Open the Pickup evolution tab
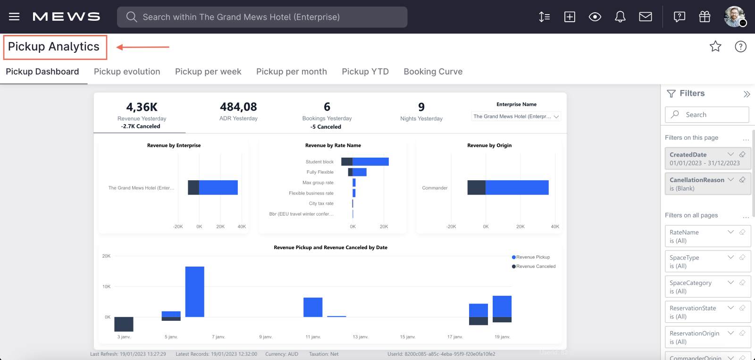(127, 72)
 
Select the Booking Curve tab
(433, 72)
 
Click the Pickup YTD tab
(365, 72)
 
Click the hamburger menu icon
(14, 17)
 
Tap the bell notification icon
(620, 17)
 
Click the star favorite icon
(715, 46)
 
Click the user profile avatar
(734, 17)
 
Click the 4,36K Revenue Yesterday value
(142, 107)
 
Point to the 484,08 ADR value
(238, 107)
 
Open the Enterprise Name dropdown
(516, 117)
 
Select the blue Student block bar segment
(370, 162)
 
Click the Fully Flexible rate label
(320, 172)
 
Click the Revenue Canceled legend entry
(535, 267)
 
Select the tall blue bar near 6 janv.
(194, 292)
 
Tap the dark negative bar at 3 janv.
(124, 324)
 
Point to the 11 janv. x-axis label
(313, 337)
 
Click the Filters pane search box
(707, 115)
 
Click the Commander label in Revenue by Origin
(435, 188)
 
